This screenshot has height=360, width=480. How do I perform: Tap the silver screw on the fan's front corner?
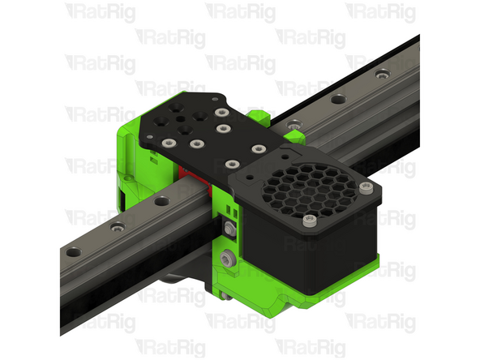(306, 220)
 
